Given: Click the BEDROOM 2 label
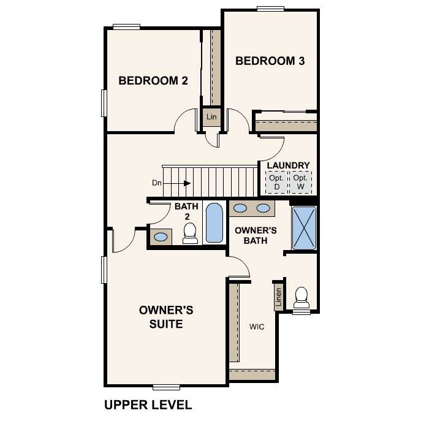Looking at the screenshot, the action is point(153,80).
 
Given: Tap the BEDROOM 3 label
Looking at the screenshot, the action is point(270,61).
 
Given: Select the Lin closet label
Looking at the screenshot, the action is point(211,117).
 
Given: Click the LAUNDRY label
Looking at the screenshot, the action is point(289,165).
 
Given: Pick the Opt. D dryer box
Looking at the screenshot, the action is point(276,182).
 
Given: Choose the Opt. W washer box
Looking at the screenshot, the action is point(300,182).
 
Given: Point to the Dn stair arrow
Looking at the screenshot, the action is point(177,183).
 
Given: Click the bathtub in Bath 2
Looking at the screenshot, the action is point(214,223).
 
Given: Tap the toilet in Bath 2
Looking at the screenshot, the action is point(190,233).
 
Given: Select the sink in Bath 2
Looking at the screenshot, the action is point(161,237).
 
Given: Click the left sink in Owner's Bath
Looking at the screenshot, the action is point(240,208).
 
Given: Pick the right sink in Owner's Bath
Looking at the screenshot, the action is point(263,208).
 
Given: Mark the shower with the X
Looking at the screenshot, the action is point(304,228).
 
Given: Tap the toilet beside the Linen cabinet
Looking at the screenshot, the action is point(302,297).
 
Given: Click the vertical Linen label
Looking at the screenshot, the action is point(279,297).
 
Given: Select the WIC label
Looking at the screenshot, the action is point(257,327).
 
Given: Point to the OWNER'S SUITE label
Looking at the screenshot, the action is point(166,317).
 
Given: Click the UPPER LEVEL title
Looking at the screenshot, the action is point(148,405).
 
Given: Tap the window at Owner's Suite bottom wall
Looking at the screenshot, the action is point(166,387).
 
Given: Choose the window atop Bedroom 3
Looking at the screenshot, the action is point(270,9).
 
